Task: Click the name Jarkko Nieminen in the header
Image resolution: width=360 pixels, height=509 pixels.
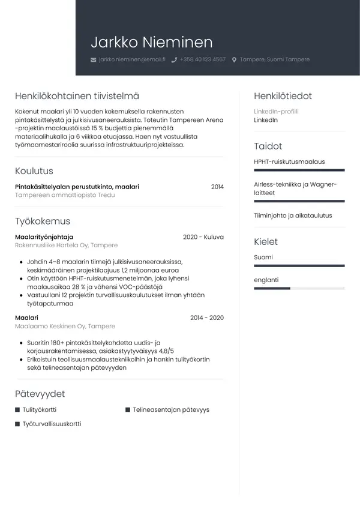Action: [151, 42]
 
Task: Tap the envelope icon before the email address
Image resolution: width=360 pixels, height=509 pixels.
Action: [93, 60]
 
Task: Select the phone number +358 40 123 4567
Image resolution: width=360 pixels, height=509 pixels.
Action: [202, 60]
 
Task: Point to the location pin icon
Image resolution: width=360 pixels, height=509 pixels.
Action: [234, 60]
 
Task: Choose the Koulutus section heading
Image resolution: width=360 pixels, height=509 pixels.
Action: [34, 170]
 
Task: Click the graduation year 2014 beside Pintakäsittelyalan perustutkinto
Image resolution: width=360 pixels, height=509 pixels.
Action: [217, 187]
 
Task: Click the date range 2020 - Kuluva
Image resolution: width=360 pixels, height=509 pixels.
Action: [203, 237]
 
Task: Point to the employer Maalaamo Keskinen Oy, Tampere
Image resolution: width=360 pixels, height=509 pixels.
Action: [65, 326]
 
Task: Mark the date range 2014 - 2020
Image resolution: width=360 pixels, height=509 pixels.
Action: [206, 318]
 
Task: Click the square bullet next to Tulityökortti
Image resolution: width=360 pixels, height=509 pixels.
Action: [17, 410]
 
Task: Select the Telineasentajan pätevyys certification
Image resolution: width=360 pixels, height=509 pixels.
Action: [171, 410]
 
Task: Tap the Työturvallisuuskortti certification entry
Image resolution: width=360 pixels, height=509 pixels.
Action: [52, 424]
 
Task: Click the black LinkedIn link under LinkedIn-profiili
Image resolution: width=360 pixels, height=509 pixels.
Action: [266, 120]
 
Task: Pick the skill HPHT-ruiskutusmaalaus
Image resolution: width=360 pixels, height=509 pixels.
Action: [289, 161]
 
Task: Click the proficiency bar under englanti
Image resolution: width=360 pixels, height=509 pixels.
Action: [299, 289]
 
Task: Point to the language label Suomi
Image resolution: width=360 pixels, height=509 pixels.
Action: [263, 257]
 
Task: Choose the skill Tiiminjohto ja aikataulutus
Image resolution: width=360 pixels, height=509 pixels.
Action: [293, 215]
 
